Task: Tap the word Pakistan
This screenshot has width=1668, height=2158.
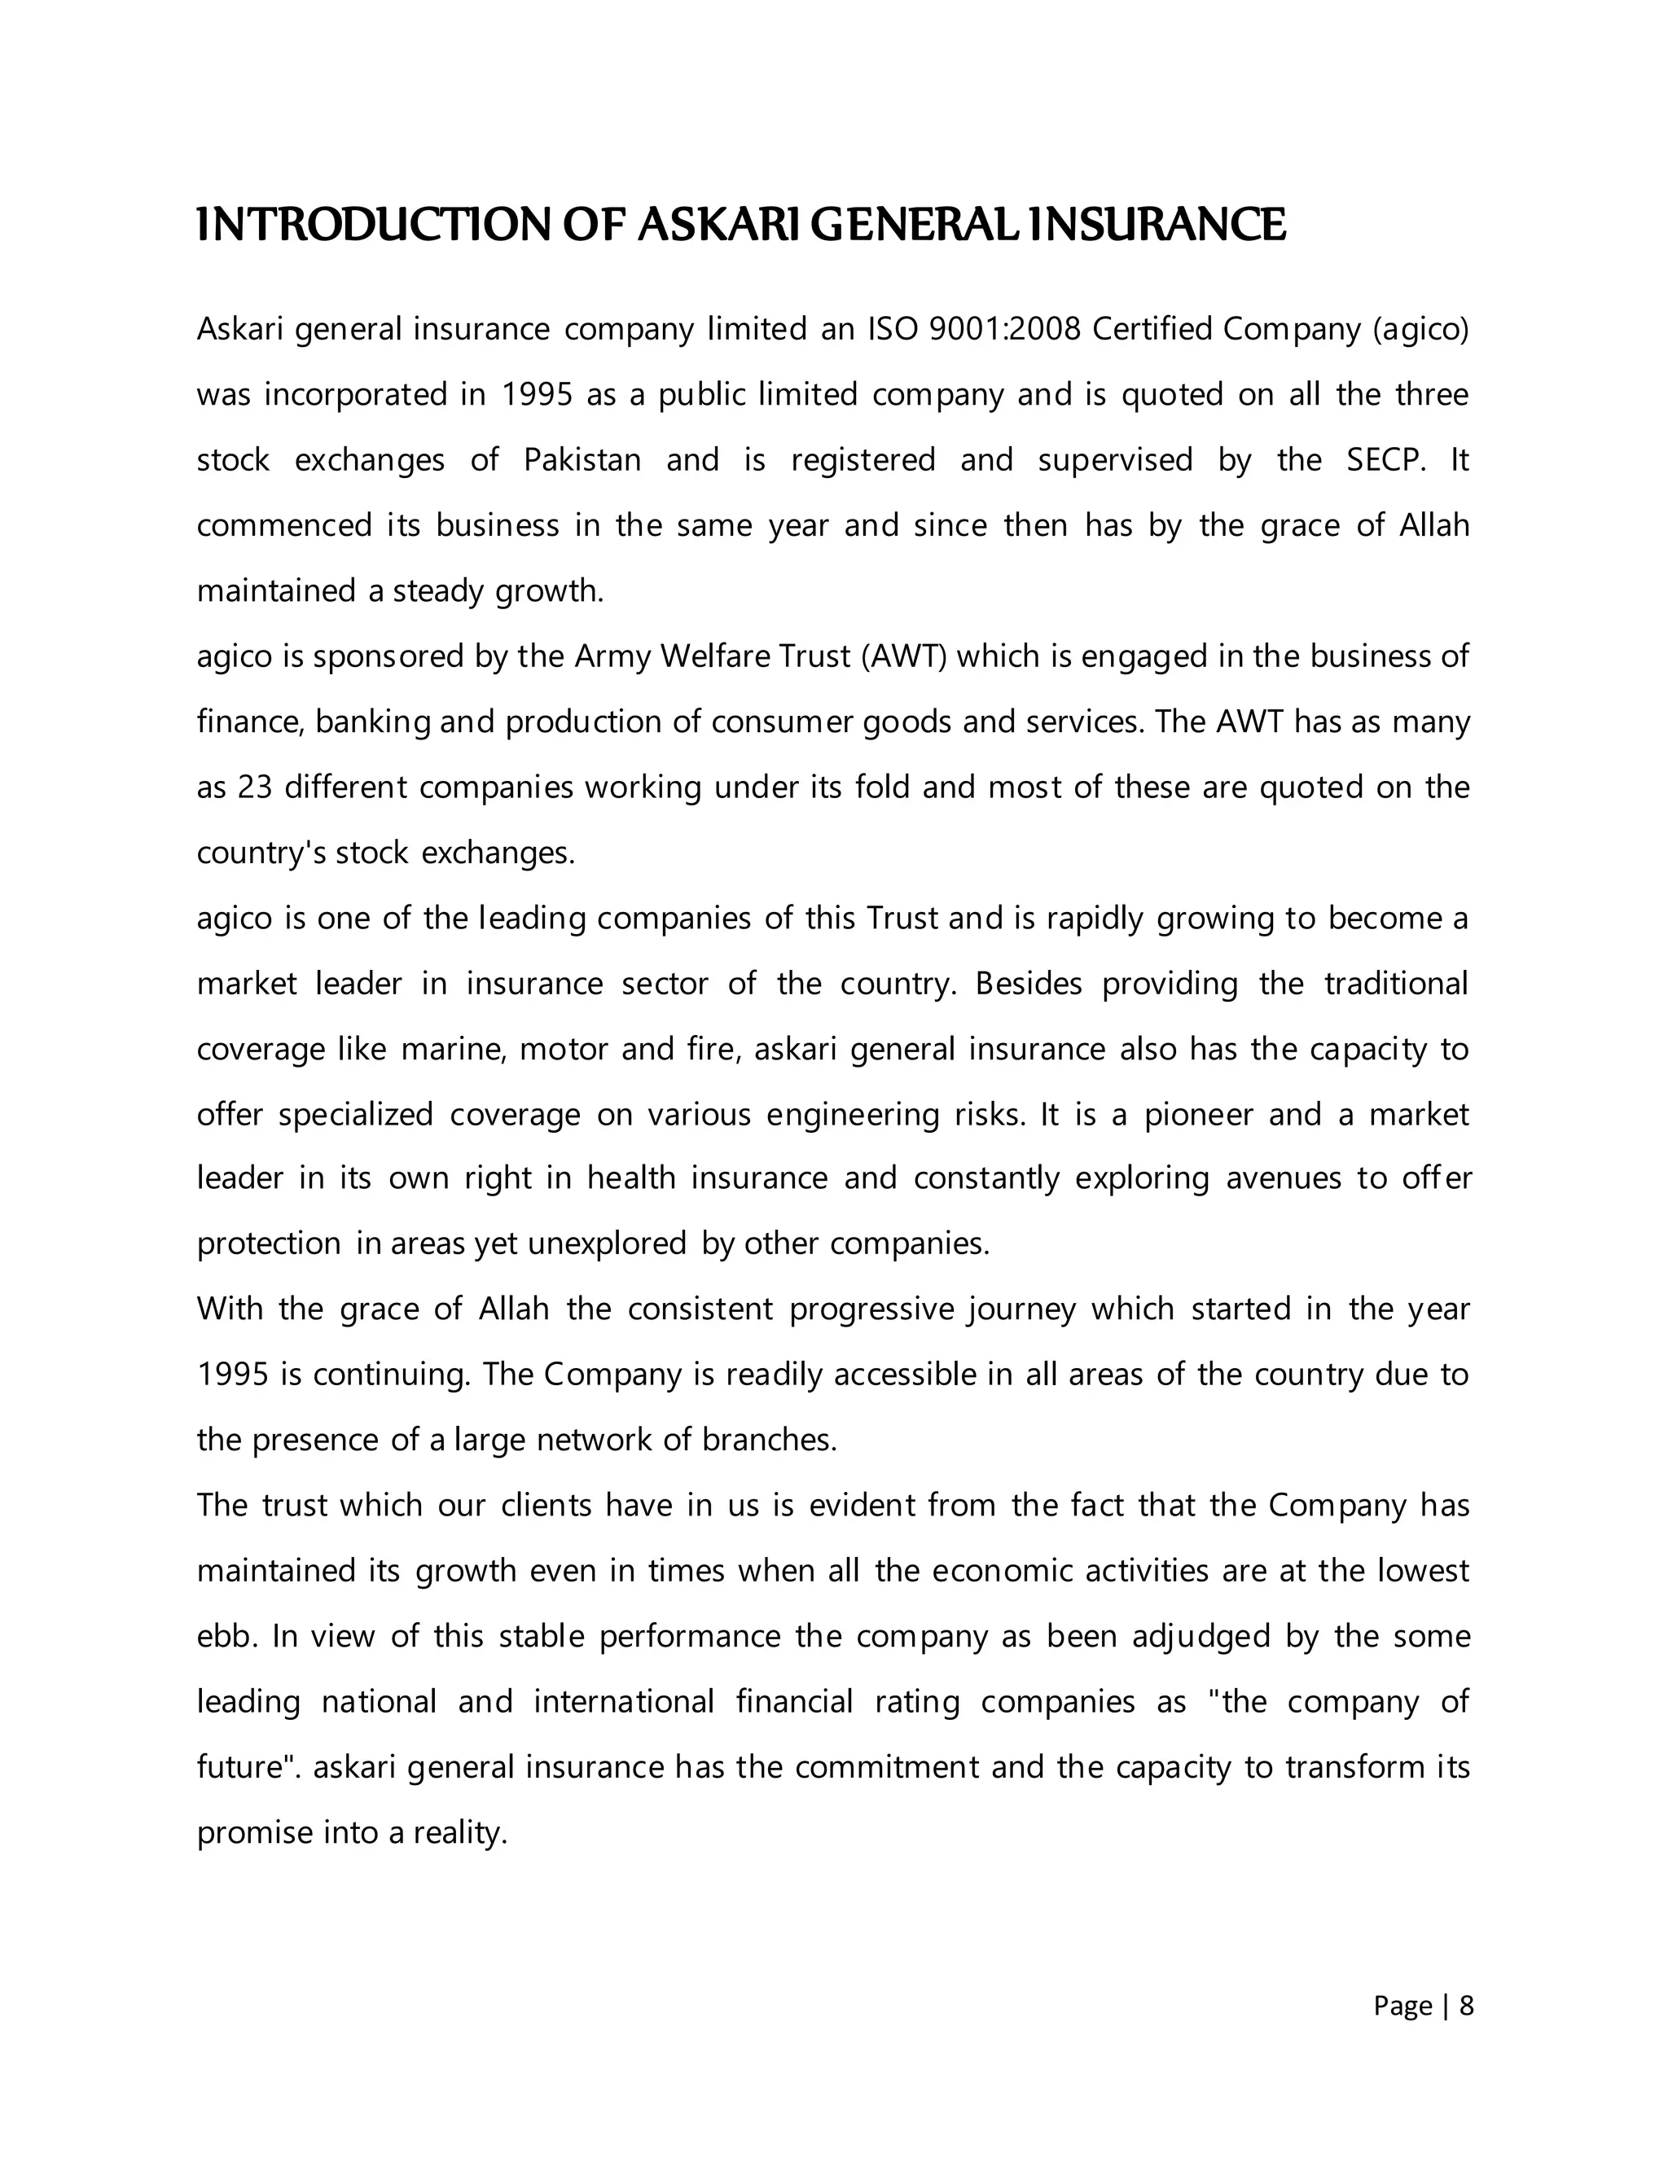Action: [582, 460]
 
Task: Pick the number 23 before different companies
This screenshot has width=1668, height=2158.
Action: [254, 787]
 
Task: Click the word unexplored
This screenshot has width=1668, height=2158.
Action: [607, 1243]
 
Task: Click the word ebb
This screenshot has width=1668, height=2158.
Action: [226, 1636]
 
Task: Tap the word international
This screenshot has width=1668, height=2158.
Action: [624, 1701]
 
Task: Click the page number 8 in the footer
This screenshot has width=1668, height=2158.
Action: [1466, 2005]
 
